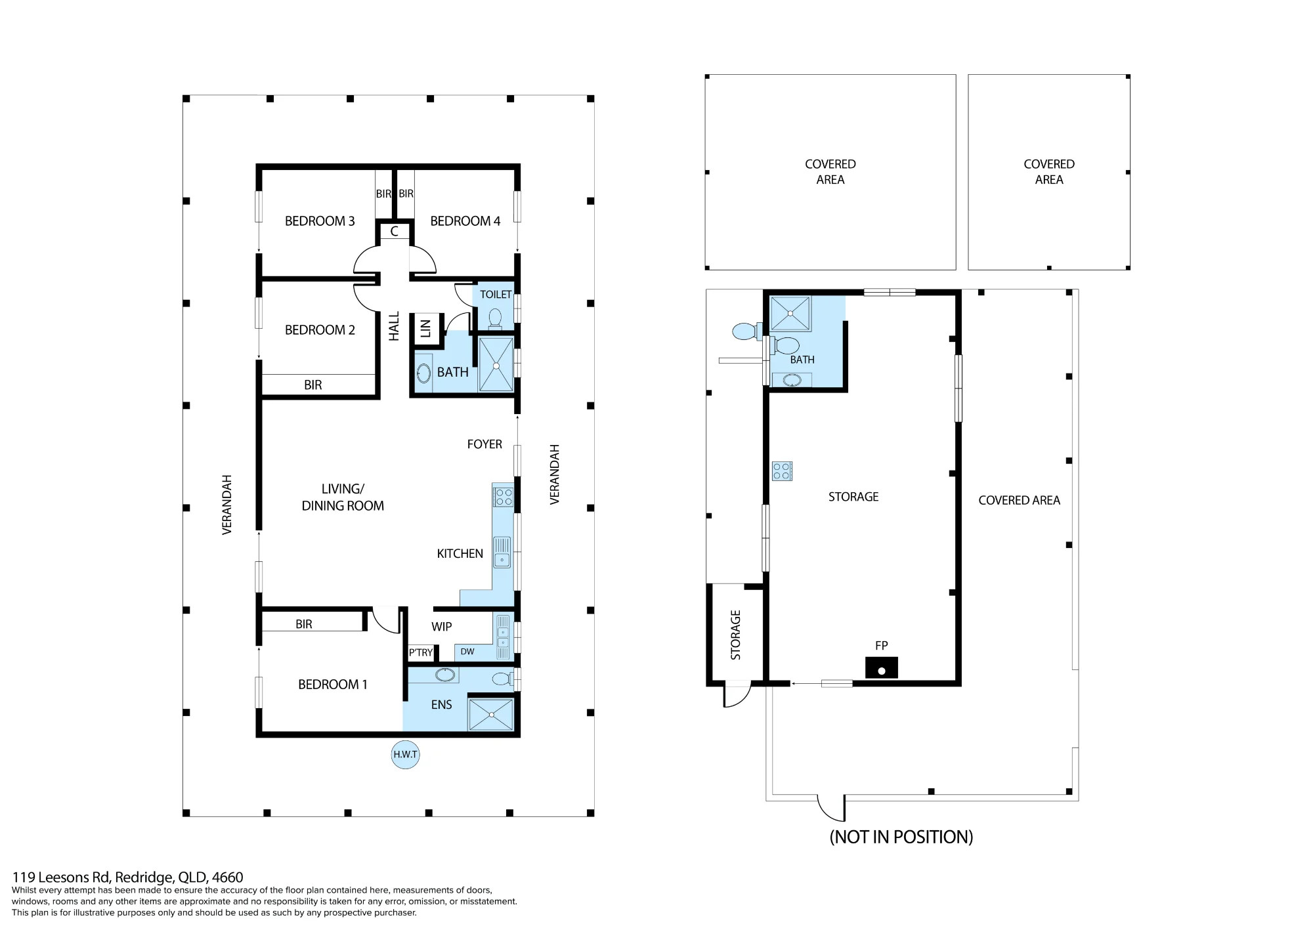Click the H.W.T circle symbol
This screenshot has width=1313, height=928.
tap(405, 755)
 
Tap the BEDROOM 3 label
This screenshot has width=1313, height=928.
tap(320, 221)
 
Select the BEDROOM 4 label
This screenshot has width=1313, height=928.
tap(465, 221)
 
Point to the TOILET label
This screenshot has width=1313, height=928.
tap(496, 295)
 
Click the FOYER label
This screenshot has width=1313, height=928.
tap(484, 444)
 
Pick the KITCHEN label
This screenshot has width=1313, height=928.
tap(460, 554)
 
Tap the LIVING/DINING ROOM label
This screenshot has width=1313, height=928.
tap(343, 497)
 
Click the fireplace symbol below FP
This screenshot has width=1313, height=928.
tap(882, 668)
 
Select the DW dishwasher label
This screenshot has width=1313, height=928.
tap(467, 652)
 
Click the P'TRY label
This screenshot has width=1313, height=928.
tap(421, 652)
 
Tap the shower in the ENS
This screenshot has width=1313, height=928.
tap(490, 714)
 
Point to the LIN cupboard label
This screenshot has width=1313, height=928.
tap(425, 328)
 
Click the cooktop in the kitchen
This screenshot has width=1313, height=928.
tap(504, 497)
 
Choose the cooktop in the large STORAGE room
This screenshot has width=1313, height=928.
tap(782, 471)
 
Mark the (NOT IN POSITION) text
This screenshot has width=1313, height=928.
tap(901, 837)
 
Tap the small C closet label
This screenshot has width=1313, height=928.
tap(394, 232)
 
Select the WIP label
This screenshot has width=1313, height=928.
tap(441, 627)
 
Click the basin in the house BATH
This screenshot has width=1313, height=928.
tap(423, 373)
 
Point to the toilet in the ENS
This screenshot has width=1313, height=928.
tap(503, 679)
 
